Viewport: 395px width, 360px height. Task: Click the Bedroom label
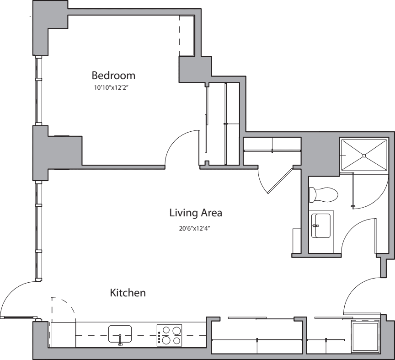pyautogui.click(x=113, y=75)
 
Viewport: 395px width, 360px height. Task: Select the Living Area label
pyautogui.click(x=196, y=213)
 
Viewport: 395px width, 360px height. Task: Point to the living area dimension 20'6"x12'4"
pyautogui.click(x=194, y=229)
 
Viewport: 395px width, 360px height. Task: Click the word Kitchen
pyautogui.click(x=128, y=293)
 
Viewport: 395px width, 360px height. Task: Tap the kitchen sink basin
pyautogui.click(x=120, y=333)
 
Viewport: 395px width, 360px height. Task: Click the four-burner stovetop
pyautogui.click(x=169, y=335)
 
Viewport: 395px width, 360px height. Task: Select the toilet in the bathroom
pyautogui.click(x=324, y=194)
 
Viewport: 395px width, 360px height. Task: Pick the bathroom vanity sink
pyautogui.click(x=320, y=226)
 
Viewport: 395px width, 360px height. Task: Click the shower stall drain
pyautogui.click(x=364, y=156)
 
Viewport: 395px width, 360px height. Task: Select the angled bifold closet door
pyautogui.click(x=280, y=180)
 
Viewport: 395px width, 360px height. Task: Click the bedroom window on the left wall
pyautogui.click(x=38, y=90)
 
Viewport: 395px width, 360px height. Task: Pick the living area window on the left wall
pyautogui.click(x=38, y=231)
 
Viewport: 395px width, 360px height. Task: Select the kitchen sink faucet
pyautogui.click(x=120, y=339)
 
